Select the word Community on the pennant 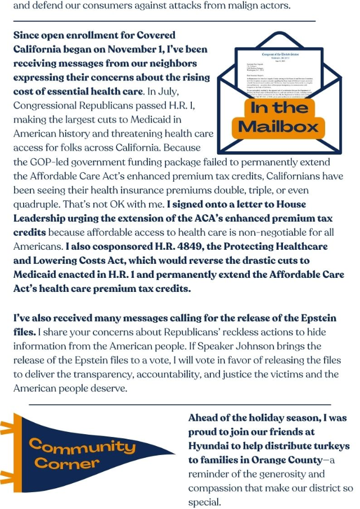click(x=82, y=448)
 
